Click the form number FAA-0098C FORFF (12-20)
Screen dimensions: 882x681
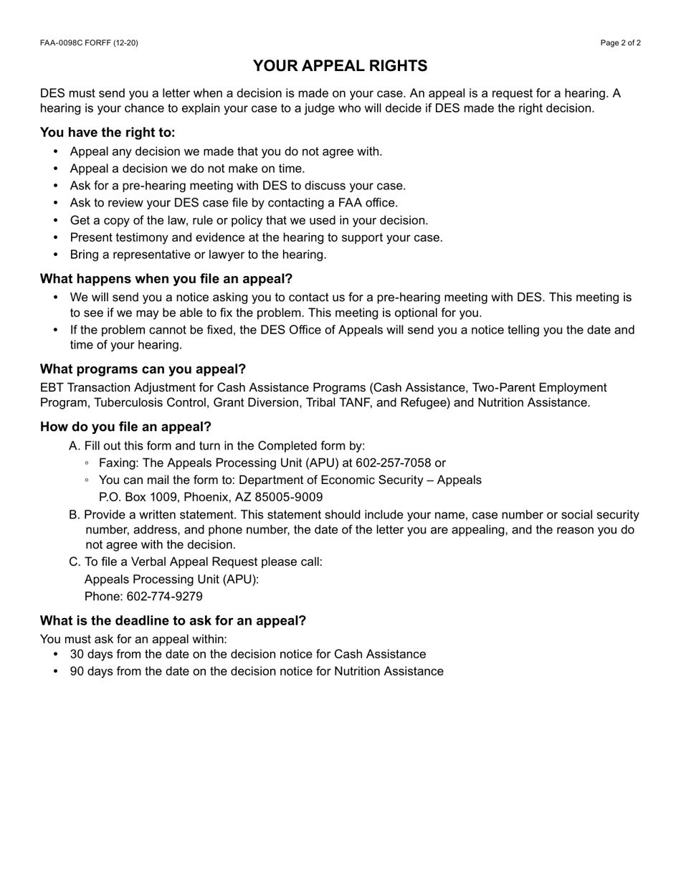pyautogui.click(x=89, y=43)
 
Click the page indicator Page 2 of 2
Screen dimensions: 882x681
pyautogui.click(x=621, y=43)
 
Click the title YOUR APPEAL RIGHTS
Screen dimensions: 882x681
pyautogui.click(x=340, y=66)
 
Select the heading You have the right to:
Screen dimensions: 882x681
pyautogui.click(x=108, y=133)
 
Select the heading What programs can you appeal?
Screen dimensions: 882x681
pyautogui.click(x=143, y=369)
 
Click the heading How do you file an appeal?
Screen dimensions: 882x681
pyautogui.click(x=125, y=427)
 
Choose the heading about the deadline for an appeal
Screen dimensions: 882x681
pyautogui.click(x=173, y=621)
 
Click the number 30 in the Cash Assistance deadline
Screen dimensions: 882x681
pyautogui.click(x=77, y=655)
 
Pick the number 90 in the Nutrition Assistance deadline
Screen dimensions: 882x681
pyautogui.click(x=77, y=672)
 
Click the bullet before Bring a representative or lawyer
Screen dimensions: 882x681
pyautogui.click(x=57, y=255)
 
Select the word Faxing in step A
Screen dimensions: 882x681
pyautogui.click(x=118, y=463)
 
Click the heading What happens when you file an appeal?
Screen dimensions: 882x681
pyautogui.click(x=166, y=279)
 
